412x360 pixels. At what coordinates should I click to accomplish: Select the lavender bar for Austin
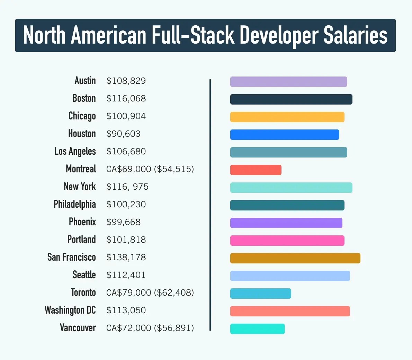[x=288, y=82]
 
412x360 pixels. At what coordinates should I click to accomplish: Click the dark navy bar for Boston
[x=291, y=99]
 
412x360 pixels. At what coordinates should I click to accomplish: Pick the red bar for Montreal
[x=256, y=170]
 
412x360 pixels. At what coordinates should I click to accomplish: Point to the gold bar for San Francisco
[x=295, y=258]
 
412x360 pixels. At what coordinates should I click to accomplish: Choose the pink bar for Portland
[x=287, y=241]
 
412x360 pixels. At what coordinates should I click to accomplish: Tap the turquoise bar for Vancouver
[x=257, y=329]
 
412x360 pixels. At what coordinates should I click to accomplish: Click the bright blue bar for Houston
[x=285, y=135]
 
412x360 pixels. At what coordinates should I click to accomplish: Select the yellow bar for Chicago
[x=287, y=117]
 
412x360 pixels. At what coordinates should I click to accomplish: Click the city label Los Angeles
[x=75, y=151]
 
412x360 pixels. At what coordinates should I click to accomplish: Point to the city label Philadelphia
[x=74, y=204]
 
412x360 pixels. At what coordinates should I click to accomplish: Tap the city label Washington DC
[x=70, y=310]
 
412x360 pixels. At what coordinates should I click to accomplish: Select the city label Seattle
[x=84, y=275]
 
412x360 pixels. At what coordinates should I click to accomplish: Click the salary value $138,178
[x=126, y=257]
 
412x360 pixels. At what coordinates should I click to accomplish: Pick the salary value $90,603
[x=123, y=134]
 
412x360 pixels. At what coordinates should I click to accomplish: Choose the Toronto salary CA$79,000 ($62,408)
[x=150, y=292]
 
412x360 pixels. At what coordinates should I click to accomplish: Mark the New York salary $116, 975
[x=127, y=187]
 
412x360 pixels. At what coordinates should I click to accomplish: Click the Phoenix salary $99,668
[x=123, y=222]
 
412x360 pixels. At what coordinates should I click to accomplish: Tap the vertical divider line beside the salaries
[x=210, y=204]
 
